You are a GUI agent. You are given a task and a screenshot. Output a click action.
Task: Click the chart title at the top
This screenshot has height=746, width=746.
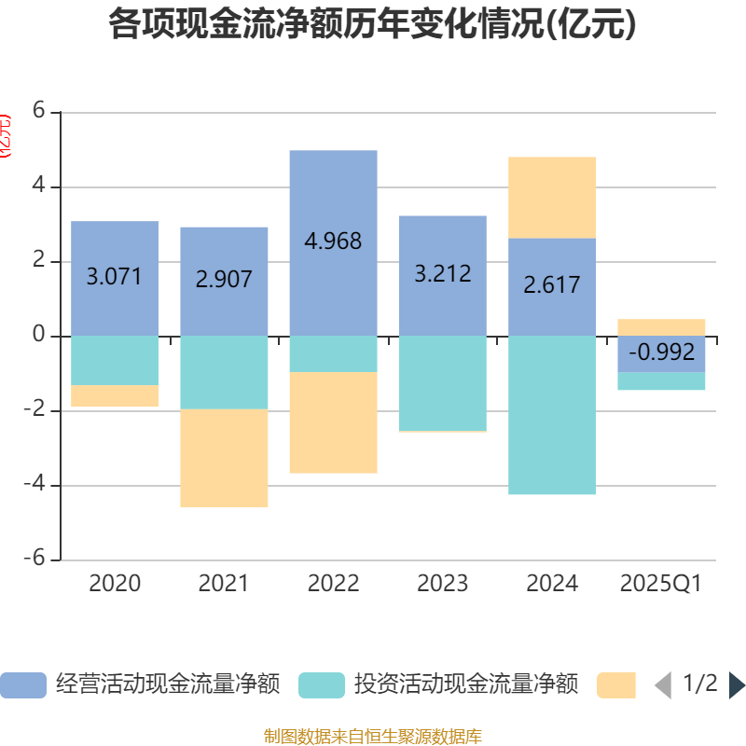372,24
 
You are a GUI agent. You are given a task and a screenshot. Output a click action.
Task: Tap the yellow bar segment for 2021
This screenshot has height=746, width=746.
224,458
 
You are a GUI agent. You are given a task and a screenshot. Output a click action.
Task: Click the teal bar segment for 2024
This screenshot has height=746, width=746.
552,415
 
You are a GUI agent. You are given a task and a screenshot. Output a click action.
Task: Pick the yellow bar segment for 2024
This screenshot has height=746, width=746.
552,197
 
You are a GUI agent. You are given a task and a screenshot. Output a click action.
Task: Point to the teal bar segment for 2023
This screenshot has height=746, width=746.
442,382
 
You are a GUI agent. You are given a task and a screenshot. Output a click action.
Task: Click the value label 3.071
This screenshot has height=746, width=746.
114,277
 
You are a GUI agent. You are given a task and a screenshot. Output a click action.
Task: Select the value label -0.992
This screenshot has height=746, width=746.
662,352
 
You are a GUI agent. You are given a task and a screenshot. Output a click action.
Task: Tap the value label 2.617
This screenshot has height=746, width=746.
552,285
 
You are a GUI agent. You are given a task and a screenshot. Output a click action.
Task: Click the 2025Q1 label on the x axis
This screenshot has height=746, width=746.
660,584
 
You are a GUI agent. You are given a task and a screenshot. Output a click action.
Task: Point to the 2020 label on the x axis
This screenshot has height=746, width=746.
115,584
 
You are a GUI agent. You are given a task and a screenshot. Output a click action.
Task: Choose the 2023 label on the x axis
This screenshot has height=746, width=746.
442,584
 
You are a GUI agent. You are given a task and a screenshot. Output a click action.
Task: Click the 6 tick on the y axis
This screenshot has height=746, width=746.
38,111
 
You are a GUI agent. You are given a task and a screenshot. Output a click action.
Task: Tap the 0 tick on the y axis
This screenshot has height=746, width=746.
38,335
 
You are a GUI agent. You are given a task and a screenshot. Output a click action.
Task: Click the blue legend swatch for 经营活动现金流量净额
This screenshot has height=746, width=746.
23,685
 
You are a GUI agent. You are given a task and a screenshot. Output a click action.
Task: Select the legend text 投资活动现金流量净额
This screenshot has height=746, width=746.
466,685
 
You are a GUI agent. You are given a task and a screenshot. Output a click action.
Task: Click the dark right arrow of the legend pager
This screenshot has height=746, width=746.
737,685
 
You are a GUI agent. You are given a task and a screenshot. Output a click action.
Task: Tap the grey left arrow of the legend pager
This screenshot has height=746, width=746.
663,685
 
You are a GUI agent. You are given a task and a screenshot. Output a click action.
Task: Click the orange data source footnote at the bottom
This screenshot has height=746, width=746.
372,737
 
